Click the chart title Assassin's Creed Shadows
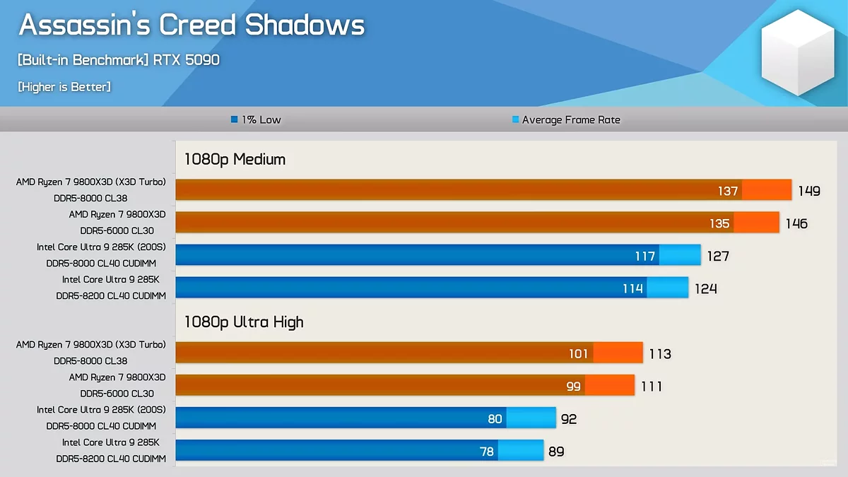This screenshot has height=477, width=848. [x=192, y=25]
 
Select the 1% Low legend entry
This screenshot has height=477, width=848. [x=256, y=120]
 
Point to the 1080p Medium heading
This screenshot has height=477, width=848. [x=235, y=159]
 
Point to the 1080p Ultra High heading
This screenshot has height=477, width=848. [x=244, y=322]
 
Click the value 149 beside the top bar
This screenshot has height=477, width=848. [x=809, y=191]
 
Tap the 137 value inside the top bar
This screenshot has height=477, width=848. [x=728, y=191]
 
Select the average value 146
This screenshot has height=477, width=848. [x=796, y=223]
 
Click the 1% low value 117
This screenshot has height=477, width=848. [x=645, y=256]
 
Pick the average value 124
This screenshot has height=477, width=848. [x=706, y=288]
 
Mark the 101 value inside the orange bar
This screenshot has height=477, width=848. [x=579, y=353]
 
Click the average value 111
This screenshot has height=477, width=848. [x=652, y=386]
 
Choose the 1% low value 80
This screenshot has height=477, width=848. [x=495, y=418]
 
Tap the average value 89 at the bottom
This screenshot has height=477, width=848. [x=556, y=451]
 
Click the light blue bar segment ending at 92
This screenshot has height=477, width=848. [x=531, y=418]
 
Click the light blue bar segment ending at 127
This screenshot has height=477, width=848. [x=680, y=256]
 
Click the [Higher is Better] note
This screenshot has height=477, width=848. [x=64, y=87]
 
